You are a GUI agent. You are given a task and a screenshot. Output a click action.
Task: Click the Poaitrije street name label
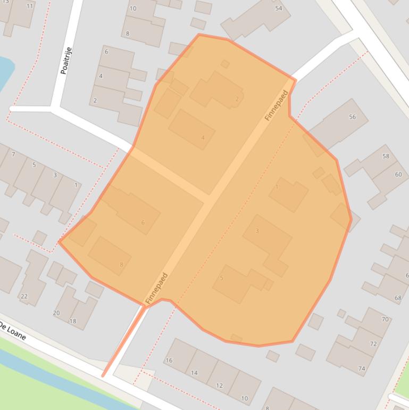[x=66, y=61]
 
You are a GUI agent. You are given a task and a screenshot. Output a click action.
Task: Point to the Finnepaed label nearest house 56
[x=277, y=105]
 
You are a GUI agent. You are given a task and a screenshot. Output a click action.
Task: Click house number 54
[x=278, y=9]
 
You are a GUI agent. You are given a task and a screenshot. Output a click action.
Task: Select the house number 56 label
[x=352, y=117]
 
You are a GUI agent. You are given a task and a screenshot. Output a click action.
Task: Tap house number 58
[x=386, y=156]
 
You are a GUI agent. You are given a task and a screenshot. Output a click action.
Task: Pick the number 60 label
[x=398, y=174]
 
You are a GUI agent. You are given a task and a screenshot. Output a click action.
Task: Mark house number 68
[x=398, y=298]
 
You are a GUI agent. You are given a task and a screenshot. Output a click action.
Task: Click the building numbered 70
[x=385, y=319]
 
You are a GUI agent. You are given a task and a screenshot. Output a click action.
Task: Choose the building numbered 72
[x=373, y=343]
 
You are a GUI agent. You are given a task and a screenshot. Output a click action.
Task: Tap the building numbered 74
[x=362, y=368]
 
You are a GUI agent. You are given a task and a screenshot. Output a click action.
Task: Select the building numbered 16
[x=169, y=360]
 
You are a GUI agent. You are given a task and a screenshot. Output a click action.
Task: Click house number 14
[x=194, y=373]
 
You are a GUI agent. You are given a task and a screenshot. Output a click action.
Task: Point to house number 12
[x=219, y=386]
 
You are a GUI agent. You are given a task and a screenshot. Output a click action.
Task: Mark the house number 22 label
[x=24, y=296]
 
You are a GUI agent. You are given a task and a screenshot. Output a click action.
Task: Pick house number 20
[x=56, y=313]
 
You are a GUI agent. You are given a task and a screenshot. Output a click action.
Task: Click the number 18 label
[x=73, y=321]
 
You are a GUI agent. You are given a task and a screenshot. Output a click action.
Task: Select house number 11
[x=29, y=6]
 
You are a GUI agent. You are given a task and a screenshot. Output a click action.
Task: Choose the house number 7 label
[x=13, y=154]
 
